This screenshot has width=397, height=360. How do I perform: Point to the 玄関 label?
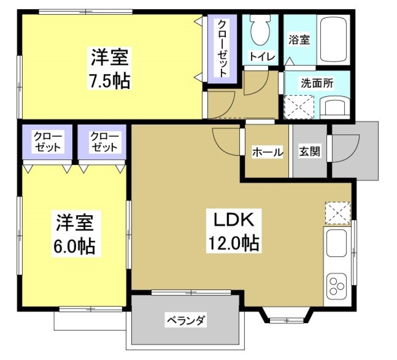(x=309, y=152)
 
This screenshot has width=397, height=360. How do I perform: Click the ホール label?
(x=268, y=152)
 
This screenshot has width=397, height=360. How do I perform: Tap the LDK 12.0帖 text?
(x=233, y=232)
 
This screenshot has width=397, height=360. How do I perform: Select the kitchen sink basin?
(x=336, y=243)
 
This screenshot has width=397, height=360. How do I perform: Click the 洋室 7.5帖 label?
(x=110, y=69)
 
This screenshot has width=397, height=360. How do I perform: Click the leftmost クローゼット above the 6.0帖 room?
(x=48, y=142)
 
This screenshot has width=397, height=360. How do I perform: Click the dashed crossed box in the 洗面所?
(x=300, y=106)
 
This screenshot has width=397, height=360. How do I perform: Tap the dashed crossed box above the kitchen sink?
(x=337, y=213)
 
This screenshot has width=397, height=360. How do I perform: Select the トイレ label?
(x=261, y=57)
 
